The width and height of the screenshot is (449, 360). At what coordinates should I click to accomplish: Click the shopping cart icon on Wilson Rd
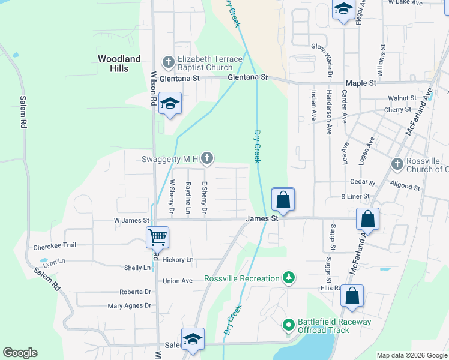pos(157,237)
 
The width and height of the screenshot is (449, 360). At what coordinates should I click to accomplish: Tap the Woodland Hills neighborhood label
pos(119,64)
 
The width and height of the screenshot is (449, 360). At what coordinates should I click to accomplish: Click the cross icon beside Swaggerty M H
pos(207,158)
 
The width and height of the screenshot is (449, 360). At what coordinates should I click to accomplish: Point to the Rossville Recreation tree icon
pos(289,278)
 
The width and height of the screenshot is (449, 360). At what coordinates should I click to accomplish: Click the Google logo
pos(20,353)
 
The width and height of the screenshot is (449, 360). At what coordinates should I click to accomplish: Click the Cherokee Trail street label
pos(55,245)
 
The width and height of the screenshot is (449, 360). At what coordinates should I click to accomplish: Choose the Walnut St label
pos(402,98)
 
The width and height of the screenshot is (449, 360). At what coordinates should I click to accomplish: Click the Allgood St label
pos(405,187)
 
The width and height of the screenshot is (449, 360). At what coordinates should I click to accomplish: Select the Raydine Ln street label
pos(188,197)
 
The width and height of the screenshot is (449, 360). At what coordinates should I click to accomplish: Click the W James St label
pos(131,221)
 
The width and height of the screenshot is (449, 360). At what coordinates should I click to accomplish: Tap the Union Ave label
pos(178,281)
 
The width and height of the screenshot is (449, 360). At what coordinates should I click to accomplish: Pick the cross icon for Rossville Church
pos(397,164)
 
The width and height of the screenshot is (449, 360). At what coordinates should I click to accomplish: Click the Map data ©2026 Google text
pos(412,355)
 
